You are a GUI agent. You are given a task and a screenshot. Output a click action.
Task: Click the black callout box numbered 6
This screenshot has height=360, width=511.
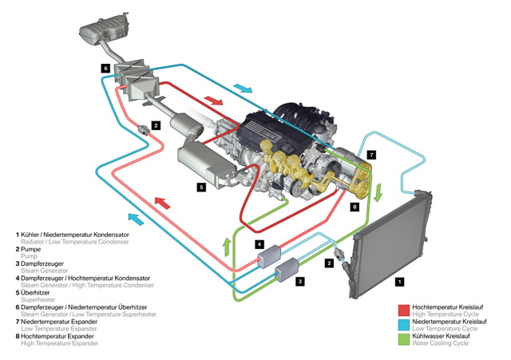click(x=105, y=69)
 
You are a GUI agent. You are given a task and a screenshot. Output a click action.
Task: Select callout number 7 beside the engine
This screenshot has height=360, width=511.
click(x=370, y=152)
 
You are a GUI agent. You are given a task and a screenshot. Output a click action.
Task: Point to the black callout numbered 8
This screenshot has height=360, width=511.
click(x=355, y=206)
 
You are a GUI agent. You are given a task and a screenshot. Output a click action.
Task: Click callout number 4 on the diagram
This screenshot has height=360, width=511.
click(x=259, y=243)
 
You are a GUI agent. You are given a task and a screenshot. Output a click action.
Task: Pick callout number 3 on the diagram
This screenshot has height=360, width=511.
click(x=300, y=281)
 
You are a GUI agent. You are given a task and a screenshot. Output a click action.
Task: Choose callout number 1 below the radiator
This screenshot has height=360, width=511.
click(x=399, y=281)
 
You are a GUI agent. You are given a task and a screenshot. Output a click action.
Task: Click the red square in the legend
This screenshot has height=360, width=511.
click(x=405, y=308)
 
